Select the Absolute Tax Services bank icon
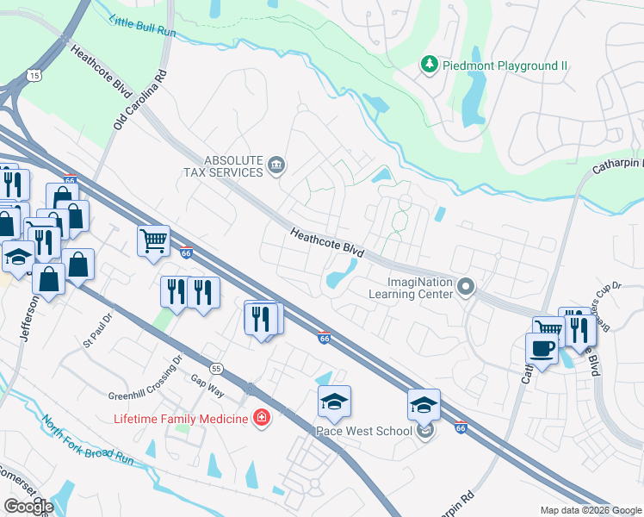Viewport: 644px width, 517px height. click(276, 165)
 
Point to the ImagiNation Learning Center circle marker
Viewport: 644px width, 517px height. click(466, 285)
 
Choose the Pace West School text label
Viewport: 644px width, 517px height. click(365, 430)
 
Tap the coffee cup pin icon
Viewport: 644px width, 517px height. click(541, 349)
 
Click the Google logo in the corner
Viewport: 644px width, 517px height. click(28, 507)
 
